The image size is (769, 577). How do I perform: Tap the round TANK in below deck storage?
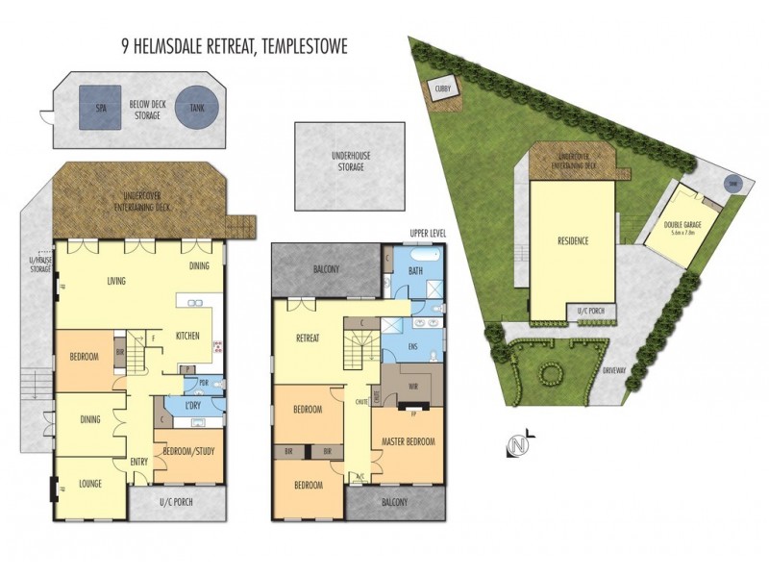click(x=197, y=109)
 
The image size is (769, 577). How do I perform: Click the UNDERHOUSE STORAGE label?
click(x=350, y=162)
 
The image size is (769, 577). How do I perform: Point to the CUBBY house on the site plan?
click(x=445, y=89)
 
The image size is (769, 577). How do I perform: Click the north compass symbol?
click(x=519, y=446)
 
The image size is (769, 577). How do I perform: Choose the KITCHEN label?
click(x=187, y=335)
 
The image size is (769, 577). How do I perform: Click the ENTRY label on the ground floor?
click(x=139, y=462)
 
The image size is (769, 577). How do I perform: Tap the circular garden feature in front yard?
click(x=552, y=372)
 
